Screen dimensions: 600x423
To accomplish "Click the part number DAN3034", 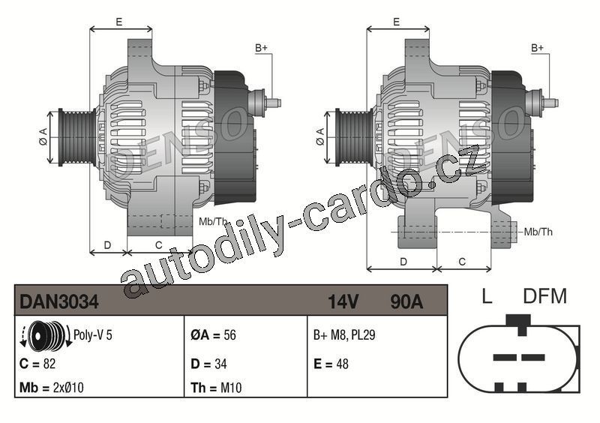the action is (59, 301).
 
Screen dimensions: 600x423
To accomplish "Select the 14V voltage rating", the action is (343, 301).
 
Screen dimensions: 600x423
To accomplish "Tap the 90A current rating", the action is (406, 301).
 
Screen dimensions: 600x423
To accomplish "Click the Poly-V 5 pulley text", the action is (92, 335).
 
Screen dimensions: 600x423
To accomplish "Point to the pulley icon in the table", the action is (45, 334).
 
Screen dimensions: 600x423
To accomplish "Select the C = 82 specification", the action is (37, 363).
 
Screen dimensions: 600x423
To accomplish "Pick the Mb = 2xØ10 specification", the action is (52, 388).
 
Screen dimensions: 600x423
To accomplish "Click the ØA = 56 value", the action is (213, 335).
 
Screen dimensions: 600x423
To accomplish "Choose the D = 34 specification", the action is (209, 363).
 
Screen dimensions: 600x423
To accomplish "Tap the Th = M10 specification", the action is (216, 388).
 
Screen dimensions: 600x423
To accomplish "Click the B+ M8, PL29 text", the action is (344, 335).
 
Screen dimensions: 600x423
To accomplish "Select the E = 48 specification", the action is (331, 363).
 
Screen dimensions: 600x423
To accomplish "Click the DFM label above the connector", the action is (544, 296).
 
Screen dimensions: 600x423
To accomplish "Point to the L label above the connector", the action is (487, 296).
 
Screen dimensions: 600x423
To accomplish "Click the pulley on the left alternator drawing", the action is (77, 137).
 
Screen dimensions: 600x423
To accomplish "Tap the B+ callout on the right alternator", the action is (537, 48).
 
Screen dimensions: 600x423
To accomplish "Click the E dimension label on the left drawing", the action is (119, 22).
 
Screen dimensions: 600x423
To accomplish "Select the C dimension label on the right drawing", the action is (462, 262).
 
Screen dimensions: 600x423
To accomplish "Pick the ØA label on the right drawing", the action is (320, 137).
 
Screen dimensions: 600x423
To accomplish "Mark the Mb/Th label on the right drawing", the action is (538, 232).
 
